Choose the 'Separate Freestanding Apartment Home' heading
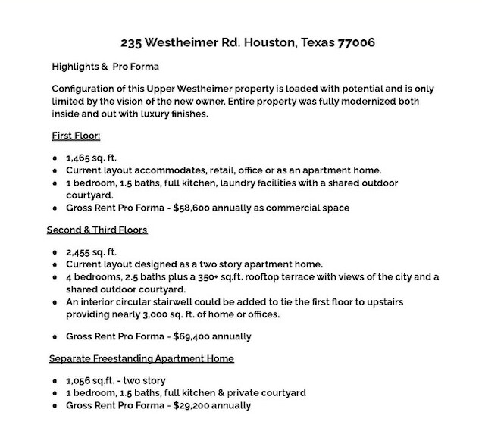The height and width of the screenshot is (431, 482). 141,358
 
